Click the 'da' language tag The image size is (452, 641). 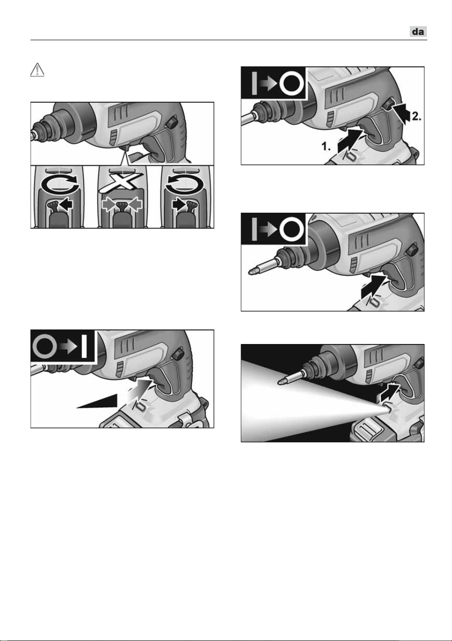pos(418,31)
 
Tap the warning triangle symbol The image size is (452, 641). pos(37,70)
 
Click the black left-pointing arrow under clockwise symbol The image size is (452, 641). pos(65,205)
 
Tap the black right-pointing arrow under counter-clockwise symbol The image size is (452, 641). pos(179,205)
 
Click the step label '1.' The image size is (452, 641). pos(326,146)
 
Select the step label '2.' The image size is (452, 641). pos(416,116)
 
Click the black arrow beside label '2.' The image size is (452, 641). pos(401,112)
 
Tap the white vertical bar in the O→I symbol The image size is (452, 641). pos(84,347)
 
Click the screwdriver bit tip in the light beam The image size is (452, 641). pos(281,381)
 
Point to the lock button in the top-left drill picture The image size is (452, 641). pos(172,123)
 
